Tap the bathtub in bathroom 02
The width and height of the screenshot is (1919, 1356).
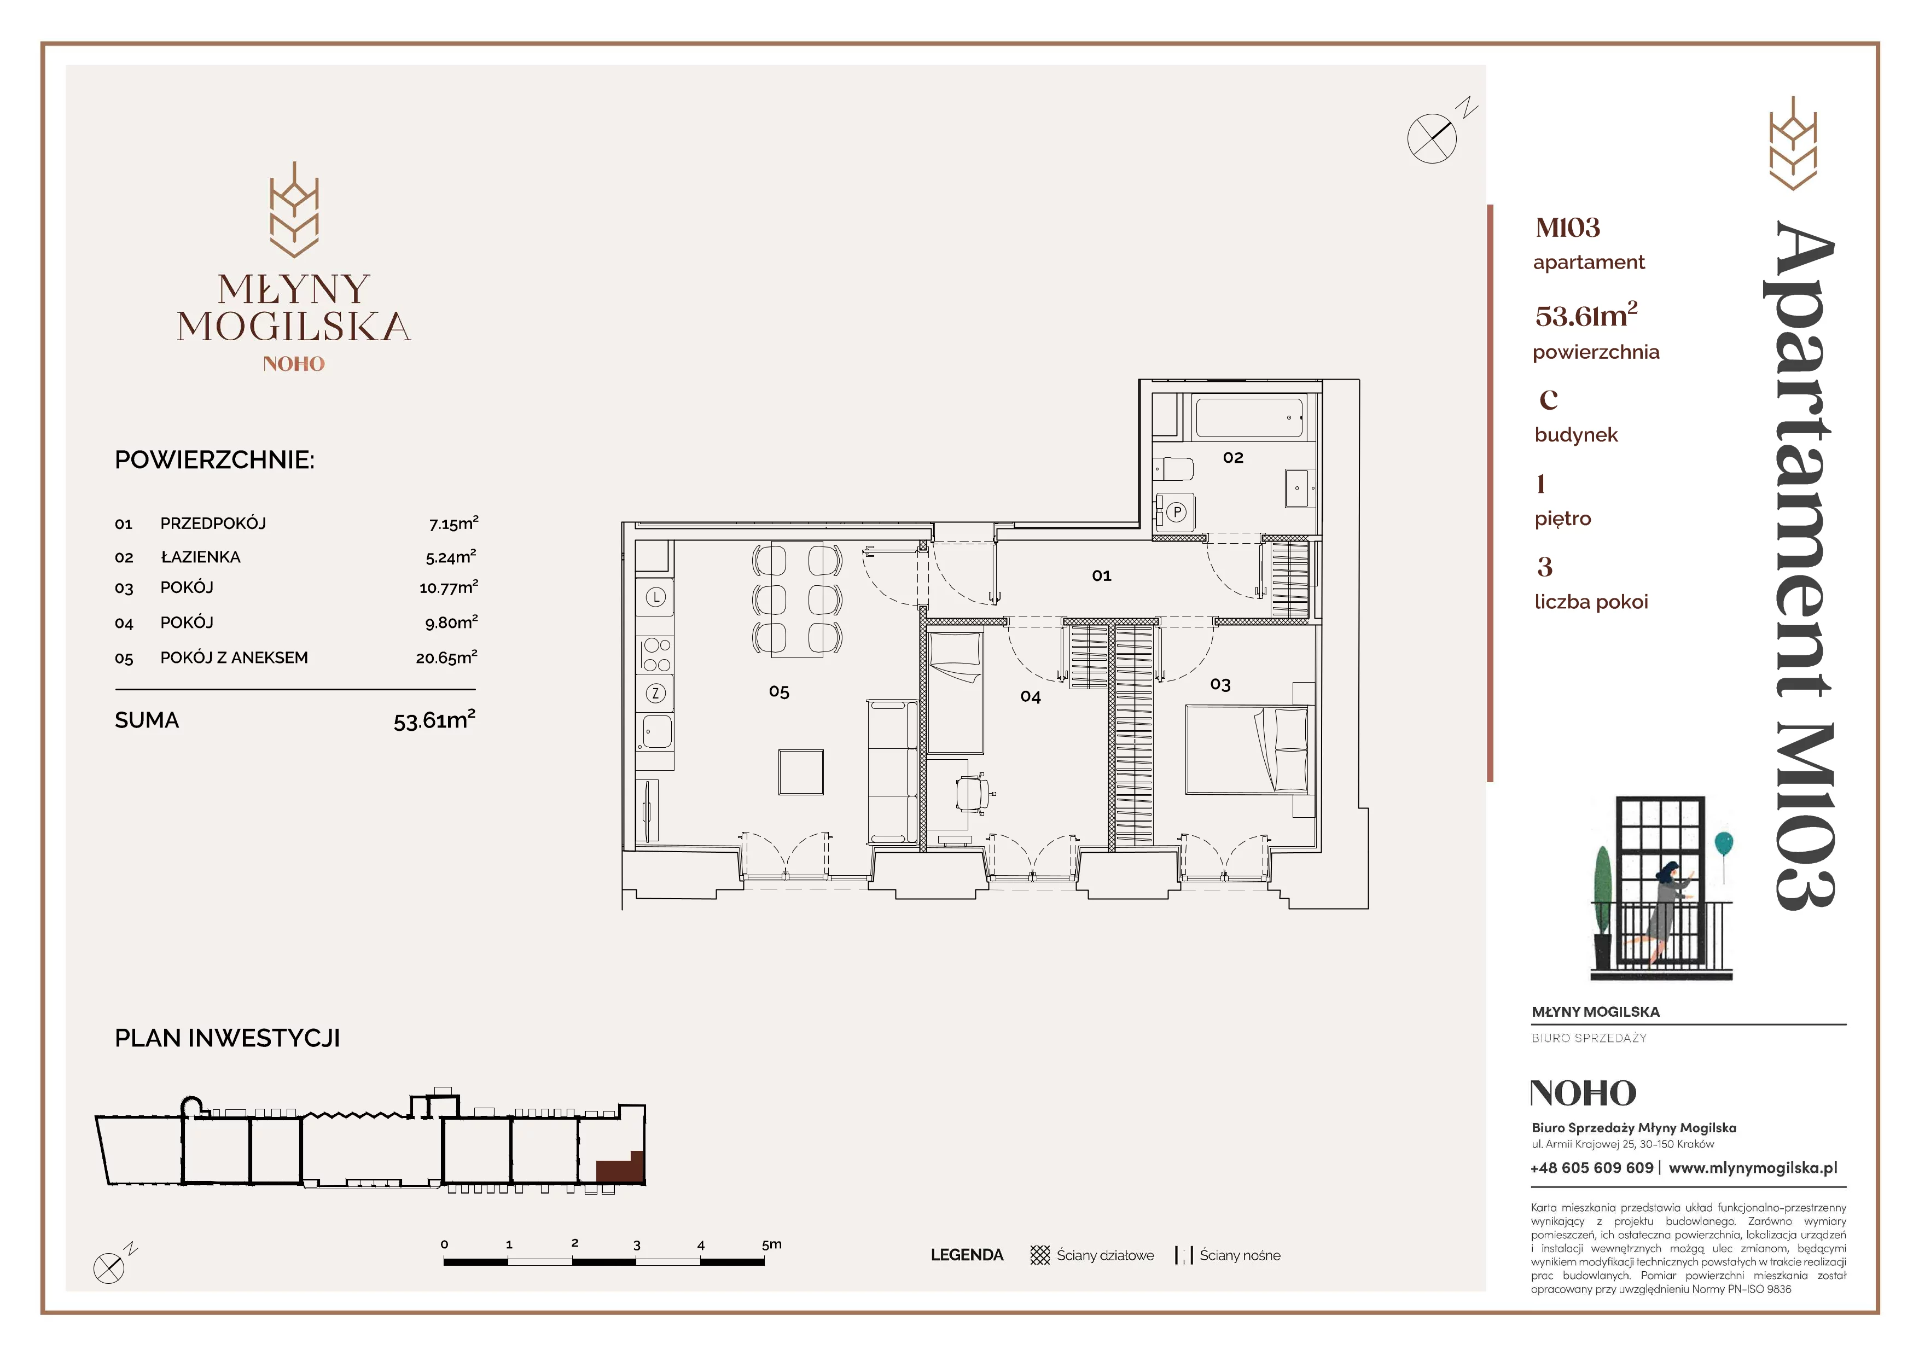[1249, 418]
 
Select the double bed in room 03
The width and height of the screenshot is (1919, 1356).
[1246, 749]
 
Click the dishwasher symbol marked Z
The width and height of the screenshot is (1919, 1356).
[655, 692]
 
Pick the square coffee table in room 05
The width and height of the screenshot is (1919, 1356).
[801, 771]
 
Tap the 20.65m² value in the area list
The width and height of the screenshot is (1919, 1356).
[446, 657]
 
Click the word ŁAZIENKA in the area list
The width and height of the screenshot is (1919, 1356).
[201, 556]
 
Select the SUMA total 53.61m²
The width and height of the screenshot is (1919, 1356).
[434, 719]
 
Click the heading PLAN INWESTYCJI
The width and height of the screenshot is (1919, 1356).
[228, 1038]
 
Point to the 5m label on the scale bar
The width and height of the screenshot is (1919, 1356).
[771, 1244]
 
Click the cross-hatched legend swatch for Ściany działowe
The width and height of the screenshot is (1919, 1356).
[1040, 1255]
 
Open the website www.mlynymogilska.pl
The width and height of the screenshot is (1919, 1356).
[1753, 1168]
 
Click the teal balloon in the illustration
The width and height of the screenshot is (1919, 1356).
[1723, 843]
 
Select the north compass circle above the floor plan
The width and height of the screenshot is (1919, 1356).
[1432, 138]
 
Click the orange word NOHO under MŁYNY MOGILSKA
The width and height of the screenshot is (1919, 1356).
[293, 363]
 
